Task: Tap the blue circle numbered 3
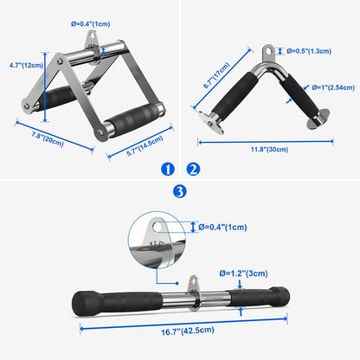179,191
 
